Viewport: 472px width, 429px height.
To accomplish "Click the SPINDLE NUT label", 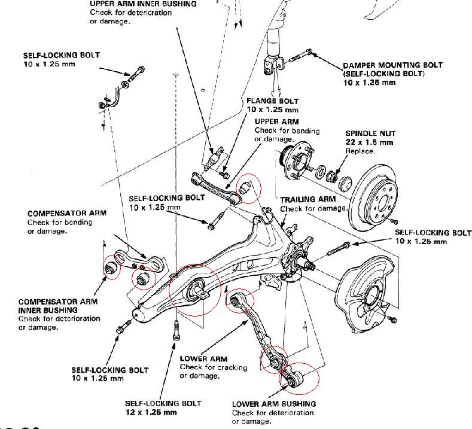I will (370, 133).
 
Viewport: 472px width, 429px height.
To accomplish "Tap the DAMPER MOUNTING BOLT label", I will (392, 65).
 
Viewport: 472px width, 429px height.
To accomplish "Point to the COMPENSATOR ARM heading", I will (67, 213).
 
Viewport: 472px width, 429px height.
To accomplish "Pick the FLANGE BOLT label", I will (273, 101).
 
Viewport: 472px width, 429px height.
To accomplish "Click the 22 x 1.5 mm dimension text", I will (369, 142).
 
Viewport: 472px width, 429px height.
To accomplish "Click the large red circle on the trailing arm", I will (195, 290).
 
